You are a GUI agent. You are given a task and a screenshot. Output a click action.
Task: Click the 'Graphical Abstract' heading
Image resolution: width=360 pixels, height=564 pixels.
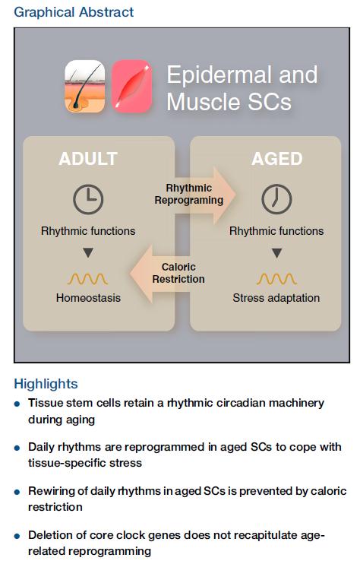click(74, 12)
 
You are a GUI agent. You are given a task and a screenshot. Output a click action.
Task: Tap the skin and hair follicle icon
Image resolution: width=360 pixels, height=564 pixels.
click(85, 87)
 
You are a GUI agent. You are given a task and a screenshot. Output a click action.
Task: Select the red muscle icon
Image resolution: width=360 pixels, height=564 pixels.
click(131, 87)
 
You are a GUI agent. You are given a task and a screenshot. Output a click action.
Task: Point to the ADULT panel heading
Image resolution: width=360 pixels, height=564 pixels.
click(88, 159)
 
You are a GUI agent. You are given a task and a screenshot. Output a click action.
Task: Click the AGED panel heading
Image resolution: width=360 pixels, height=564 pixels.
click(276, 159)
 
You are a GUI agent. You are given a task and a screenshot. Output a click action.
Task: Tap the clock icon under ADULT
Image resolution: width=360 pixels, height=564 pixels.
click(88, 199)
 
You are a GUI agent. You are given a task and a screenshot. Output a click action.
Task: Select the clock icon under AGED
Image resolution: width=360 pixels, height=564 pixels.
click(276, 199)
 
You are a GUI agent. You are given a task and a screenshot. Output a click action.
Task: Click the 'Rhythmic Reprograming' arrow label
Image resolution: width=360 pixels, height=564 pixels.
click(189, 194)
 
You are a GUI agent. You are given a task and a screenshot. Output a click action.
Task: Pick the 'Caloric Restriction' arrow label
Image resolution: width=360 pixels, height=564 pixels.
click(178, 273)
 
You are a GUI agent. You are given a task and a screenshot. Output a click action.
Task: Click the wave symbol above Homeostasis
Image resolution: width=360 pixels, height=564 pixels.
click(87, 279)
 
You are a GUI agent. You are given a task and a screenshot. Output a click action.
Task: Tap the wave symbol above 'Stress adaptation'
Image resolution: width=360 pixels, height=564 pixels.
click(276, 279)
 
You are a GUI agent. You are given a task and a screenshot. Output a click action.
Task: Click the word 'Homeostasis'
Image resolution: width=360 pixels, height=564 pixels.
click(88, 298)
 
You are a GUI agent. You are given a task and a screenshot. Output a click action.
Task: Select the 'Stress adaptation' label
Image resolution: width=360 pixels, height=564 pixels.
click(276, 298)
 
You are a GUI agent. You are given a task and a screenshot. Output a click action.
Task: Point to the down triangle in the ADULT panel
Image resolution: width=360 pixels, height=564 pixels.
click(88, 252)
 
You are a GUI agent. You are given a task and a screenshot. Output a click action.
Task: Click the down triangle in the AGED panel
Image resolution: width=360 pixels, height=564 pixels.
click(276, 253)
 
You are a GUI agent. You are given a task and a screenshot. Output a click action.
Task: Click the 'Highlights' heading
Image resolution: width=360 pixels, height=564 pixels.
click(46, 384)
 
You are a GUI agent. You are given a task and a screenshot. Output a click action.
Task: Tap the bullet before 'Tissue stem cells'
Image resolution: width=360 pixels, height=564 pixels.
click(17, 404)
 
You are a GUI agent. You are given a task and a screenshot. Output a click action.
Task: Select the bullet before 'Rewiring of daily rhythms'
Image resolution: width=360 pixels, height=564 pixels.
click(17, 493)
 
